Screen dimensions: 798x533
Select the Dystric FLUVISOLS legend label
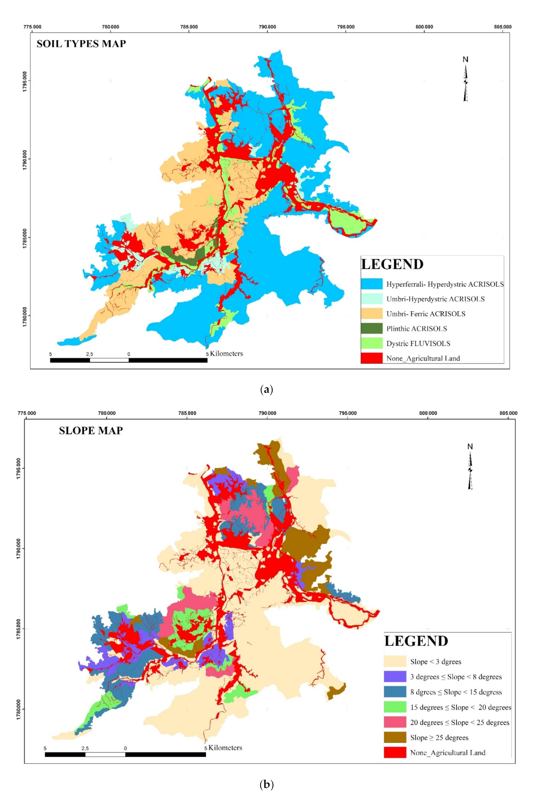pyautogui.click(x=418, y=343)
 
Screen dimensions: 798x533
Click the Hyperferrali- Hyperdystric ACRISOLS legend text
pyautogui.click(x=445, y=284)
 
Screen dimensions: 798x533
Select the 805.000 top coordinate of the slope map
pyautogui.click(x=509, y=413)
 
